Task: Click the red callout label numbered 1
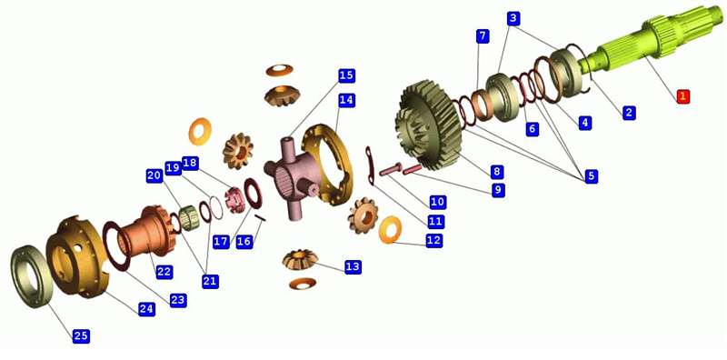[x=682, y=96]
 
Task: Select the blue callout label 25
[x=81, y=335]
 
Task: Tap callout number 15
[x=346, y=75]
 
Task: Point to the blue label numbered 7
[x=483, y=36]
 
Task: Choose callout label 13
[x=353, y=266]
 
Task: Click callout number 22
[x=164, y=272]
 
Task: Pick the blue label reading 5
[x=591, y=176]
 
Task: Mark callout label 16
[x=244, y=241]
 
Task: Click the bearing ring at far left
[x=29, y=275]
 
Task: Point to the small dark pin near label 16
[x=261, y=218]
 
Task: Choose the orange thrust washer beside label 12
[x=390, y=230]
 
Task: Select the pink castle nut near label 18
[x=234, y=198]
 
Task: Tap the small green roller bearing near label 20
[x=189, y=217]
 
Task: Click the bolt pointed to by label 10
[x=391, y=171]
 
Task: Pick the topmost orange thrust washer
[x=279, y=70]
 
